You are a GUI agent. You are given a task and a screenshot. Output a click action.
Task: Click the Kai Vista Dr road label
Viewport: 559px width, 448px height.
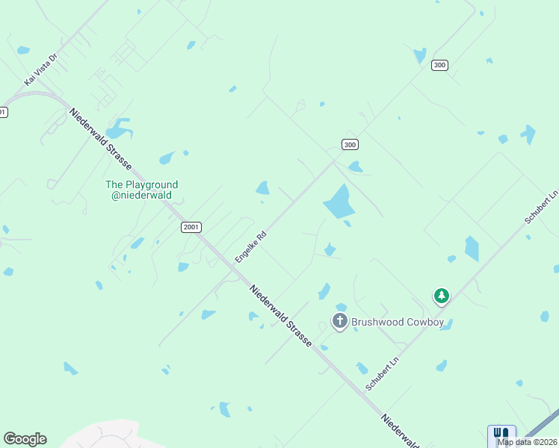[41, 69]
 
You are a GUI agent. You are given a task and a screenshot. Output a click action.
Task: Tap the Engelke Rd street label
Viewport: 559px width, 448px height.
[251, 246]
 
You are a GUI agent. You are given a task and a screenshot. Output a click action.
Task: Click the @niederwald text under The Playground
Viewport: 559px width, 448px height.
[142, 196]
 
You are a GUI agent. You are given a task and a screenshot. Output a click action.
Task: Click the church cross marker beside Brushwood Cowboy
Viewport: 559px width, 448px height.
[340, 322]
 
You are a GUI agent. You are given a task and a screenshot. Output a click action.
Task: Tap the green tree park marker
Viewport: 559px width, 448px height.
[442, 296]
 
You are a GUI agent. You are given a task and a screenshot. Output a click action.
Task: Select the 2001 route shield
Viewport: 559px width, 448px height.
[191, 227]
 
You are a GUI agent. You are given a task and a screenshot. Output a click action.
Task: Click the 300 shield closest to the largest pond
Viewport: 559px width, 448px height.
[350, 144]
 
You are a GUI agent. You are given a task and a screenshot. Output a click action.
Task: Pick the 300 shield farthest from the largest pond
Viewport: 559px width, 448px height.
[439, 65]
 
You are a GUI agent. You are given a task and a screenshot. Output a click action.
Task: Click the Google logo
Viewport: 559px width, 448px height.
[25, 439]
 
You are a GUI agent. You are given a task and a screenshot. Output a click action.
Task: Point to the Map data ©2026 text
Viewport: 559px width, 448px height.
[528, 442]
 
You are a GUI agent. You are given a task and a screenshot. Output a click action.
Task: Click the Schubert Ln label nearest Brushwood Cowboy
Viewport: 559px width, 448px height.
[380, 371]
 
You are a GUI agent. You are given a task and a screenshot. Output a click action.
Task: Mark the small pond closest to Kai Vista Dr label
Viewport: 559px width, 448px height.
[23, 50]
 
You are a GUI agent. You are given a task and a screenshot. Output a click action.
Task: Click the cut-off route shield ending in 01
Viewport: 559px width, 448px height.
[3, 112]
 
